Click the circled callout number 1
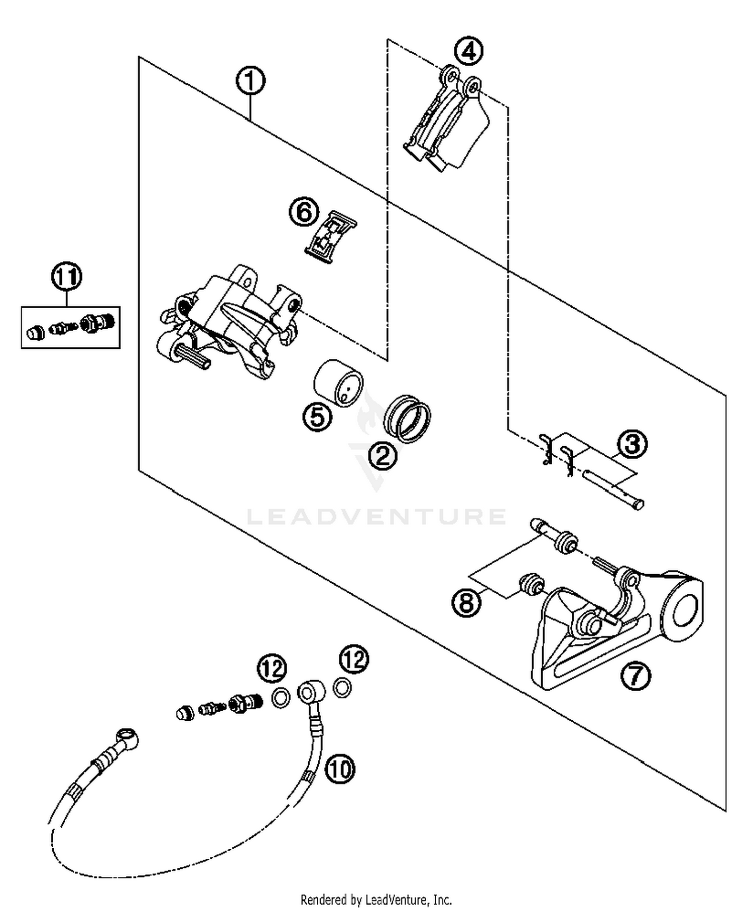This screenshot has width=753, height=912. coord(250,82)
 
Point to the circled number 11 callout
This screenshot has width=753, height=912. coord(67,277)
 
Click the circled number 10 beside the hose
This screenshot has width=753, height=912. coord(340,768)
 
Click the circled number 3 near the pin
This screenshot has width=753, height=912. coord(632,444)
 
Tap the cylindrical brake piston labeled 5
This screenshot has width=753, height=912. coord(338,382)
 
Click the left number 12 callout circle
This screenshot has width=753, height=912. coord(272,669)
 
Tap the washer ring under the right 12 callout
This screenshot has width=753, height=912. coord(342,687)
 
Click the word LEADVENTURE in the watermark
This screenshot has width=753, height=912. coord(376,516)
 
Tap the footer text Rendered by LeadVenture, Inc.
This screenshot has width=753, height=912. coord(376,899)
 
